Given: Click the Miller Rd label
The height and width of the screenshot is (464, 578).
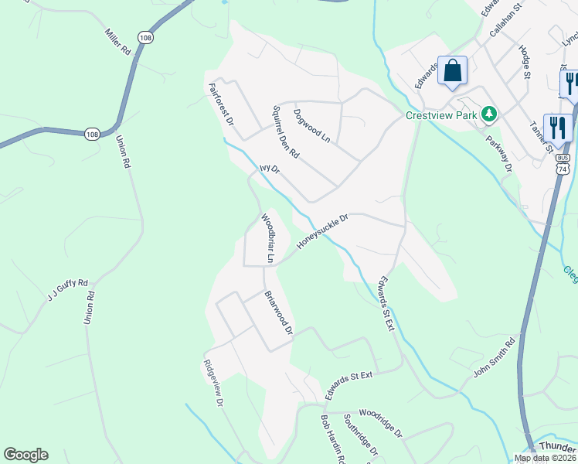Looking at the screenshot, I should coord(117,42).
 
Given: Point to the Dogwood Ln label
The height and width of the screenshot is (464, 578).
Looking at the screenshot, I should coord(312,126).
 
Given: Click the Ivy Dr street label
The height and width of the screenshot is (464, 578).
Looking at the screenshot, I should coord(268,168).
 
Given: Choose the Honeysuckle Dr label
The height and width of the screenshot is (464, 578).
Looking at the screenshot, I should coord(323,232).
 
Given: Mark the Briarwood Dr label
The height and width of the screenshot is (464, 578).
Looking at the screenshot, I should coord(279,313).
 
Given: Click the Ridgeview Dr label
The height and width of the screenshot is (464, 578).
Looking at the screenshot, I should coord(213,384).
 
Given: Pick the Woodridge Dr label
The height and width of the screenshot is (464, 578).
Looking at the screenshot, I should coord(380,423).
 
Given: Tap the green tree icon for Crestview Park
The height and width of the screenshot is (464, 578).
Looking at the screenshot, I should coord(488,115).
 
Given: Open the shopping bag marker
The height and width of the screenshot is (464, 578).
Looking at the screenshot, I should coord(453,70).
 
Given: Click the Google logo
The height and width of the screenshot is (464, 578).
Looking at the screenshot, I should coord(26,455).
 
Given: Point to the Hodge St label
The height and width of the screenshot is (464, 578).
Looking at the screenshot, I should coord(526,61).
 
